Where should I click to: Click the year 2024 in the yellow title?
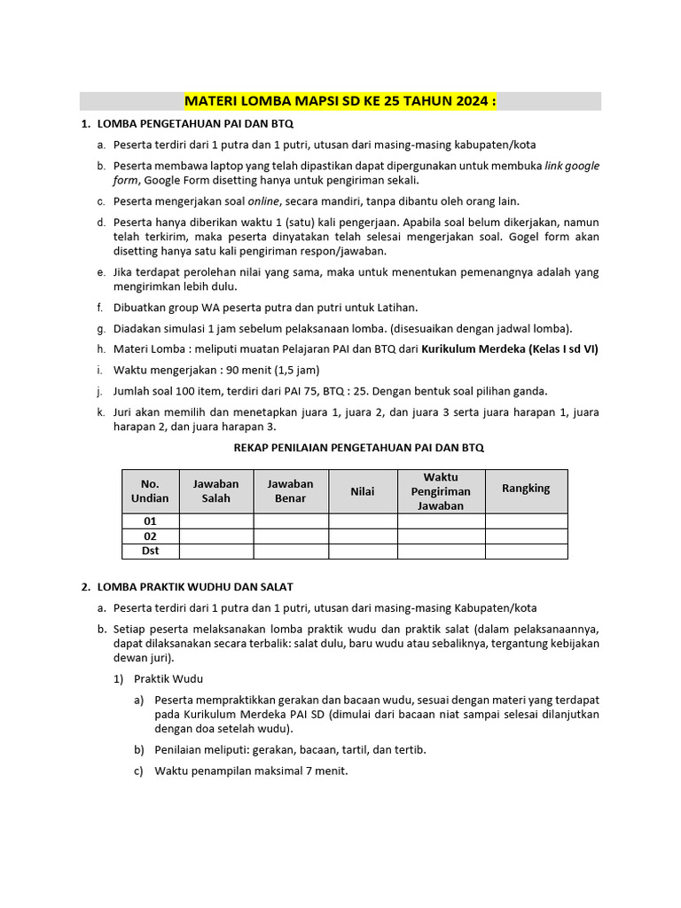pyautogui.click(x=472, y=101)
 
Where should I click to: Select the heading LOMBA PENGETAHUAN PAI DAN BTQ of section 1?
pyautogui.click(x=195, y=124)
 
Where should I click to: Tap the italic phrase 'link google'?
pyautogui.click(x=571, y=166)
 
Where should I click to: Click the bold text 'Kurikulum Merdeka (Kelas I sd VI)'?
pyautogui.click(x=509, y=348)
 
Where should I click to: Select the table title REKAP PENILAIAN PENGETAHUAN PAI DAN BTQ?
pyautogui.click(x=358, y=449)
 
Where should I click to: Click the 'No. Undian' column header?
pyautogui.click(x=150, y=491)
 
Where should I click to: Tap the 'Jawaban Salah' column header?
pyautogui.click(x=215, y=491)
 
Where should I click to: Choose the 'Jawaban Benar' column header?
pyautogui.click(x=291, y=491)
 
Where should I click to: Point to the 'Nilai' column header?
pyautogui.click(x=363, y=491)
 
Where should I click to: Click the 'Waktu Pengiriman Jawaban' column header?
pyautogui.click(x=441, y=491)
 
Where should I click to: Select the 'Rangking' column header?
pyautogui.click(x=526, y=489)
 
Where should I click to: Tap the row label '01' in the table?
pyautogui.click(x=150, y=521)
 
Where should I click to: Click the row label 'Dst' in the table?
pyautogui.click(x=150, y=551)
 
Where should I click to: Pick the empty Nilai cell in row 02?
pyautogui.click(x=363, y=536)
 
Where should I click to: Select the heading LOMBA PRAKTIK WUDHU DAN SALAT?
pyautogui.click(x=195, y=587)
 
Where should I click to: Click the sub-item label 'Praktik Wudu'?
pyautogui.click(x=168, y=679)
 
